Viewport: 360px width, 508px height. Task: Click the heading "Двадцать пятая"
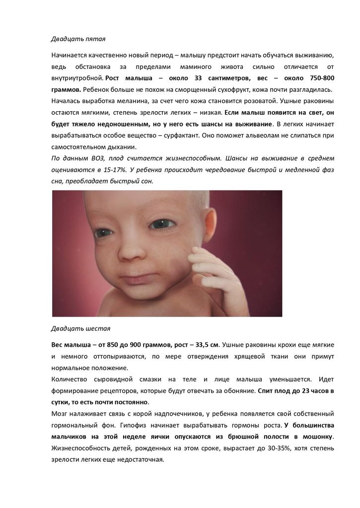(78, 39)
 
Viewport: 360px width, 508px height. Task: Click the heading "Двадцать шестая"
(81, 328)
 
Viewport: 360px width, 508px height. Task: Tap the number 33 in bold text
(198, 78)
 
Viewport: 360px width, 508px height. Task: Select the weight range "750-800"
(318, 78)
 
